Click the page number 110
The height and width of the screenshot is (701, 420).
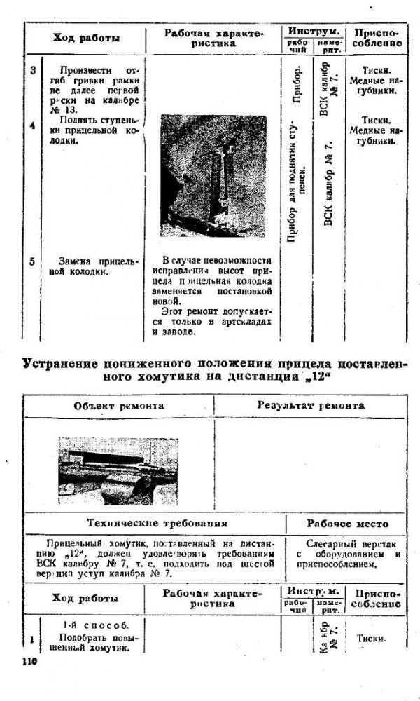pos(29,662)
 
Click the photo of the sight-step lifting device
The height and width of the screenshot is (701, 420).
pos(213,175)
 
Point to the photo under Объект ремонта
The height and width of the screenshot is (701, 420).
pos(118,471)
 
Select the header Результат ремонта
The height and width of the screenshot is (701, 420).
pos(310,405)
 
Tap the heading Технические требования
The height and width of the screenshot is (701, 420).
pos(156,523)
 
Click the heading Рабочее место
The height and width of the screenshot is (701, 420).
pos(347,523)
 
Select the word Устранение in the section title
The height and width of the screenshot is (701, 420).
pos(57,363)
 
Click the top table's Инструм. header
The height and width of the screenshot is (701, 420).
pos(314,32)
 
